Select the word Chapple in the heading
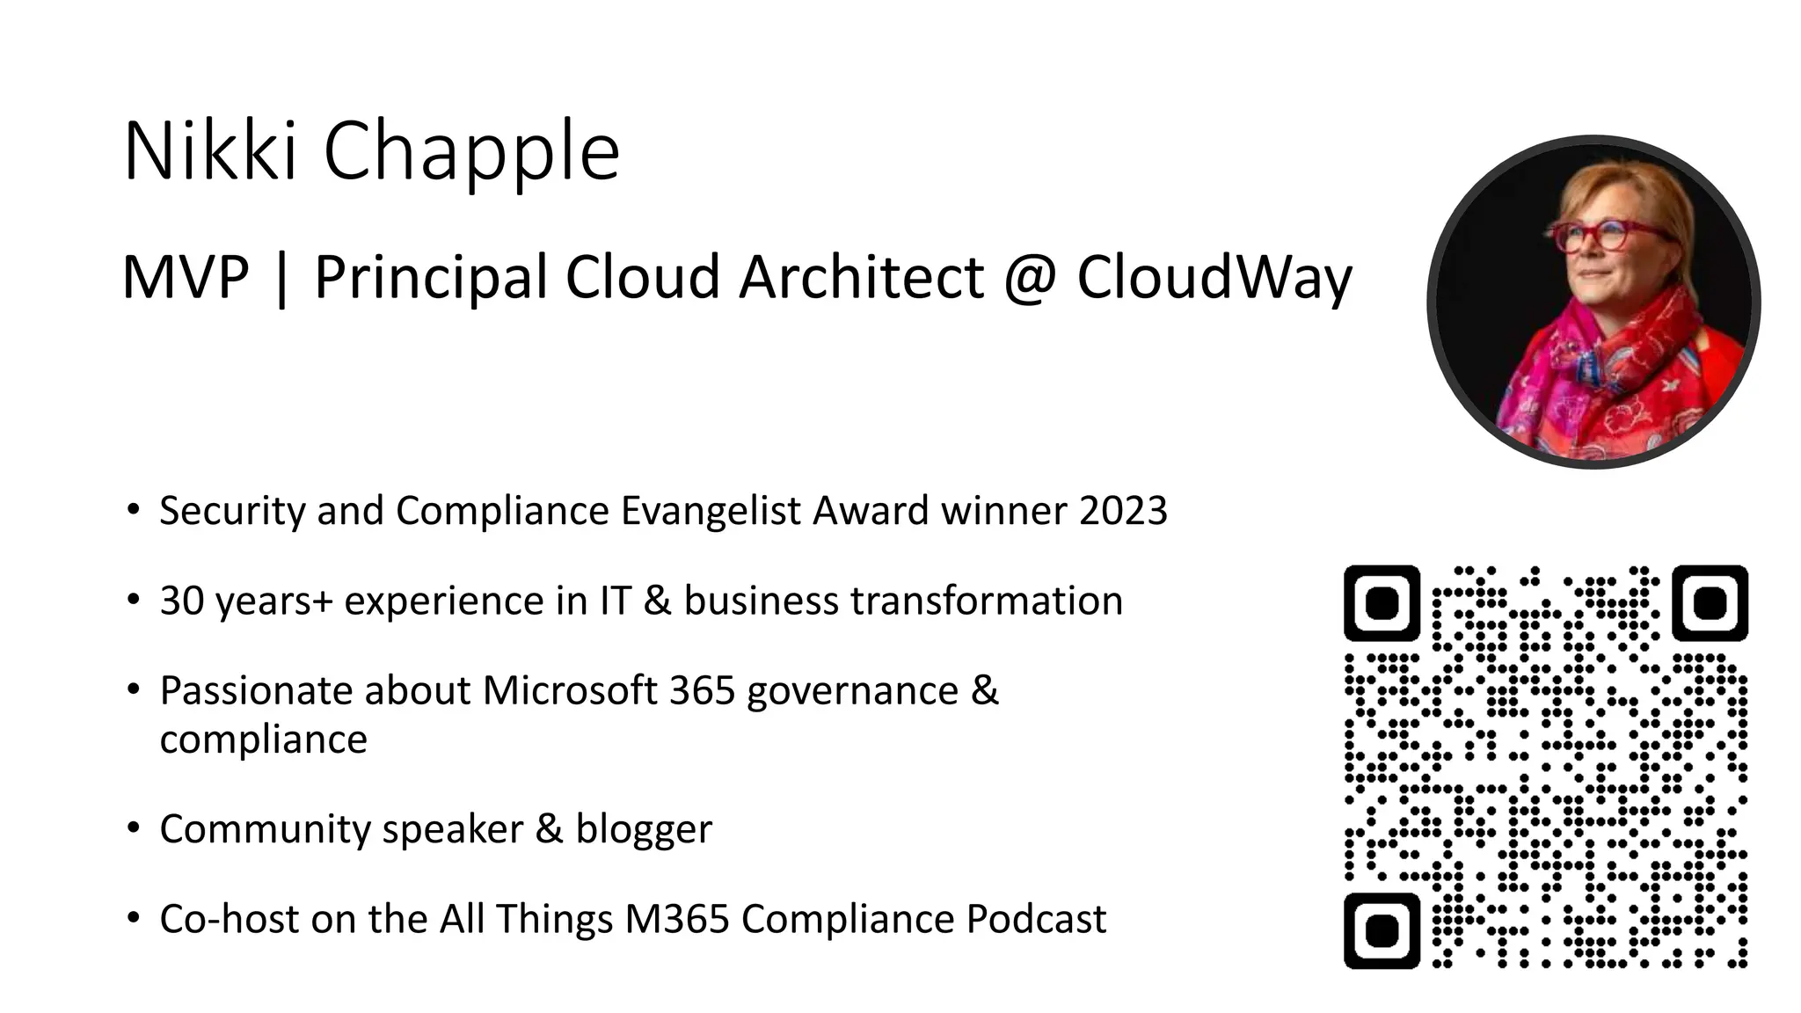coord(471,151)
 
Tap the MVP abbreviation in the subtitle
coord(186,277)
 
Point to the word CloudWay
coord(1214,278)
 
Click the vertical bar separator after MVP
coord(281,278)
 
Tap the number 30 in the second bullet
coord(182,601)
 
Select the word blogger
coord(644,829)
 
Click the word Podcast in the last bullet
coord(1036,919)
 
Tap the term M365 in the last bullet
coord(677,919)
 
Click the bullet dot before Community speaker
coord(133,827)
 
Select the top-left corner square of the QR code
coord(1382,603)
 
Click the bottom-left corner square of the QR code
coord(1382,931)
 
